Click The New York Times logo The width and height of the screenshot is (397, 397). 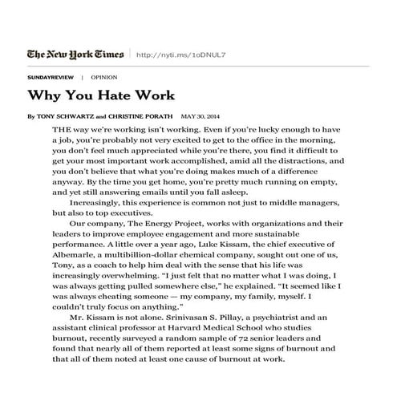pos(75,55)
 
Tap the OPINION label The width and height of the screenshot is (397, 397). pos(104,78)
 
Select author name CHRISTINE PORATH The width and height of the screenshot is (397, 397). pos(142,116)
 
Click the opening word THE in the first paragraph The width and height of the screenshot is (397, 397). pos(60,129)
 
